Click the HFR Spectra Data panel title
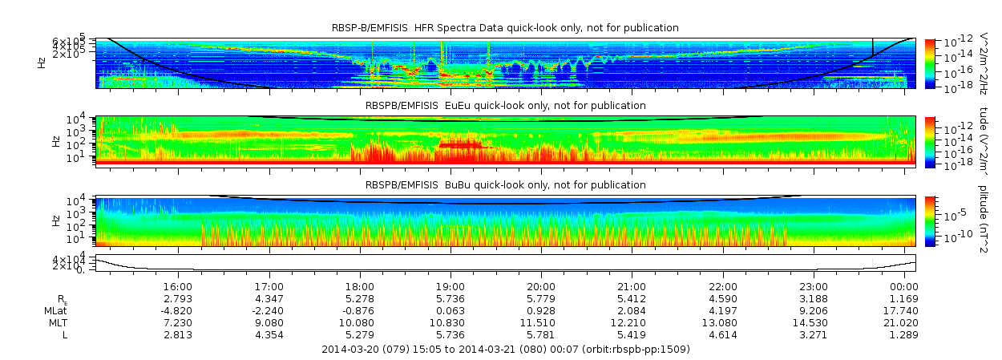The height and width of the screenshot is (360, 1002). (505, 28)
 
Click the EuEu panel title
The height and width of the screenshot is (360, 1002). (505, 105)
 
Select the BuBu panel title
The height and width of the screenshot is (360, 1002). (505, 184)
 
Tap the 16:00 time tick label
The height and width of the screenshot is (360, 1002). (177, 286)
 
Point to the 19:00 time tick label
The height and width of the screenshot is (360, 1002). (450, 286)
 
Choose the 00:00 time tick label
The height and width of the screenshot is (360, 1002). (904, 286)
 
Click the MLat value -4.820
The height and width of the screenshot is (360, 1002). (177, 310)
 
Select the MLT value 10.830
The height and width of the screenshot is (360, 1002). (450, 322)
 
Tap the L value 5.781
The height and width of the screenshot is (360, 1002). (541, 334)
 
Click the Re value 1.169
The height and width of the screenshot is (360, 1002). (904, 298)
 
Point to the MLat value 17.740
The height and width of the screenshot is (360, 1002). (904, 310)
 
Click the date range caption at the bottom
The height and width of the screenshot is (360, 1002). (505, 349)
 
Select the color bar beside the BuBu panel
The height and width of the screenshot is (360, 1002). (930, 220)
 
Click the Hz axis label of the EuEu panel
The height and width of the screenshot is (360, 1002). (55, 140)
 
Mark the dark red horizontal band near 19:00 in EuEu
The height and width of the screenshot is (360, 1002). (465, 145)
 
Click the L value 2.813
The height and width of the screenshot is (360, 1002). (177, 334)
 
